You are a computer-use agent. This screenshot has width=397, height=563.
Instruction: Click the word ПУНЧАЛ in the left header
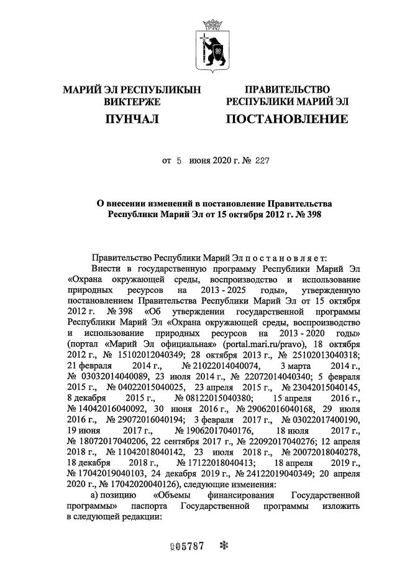tap(131, 118)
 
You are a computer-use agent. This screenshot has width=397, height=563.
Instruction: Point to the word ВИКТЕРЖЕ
tap(131, 101)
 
